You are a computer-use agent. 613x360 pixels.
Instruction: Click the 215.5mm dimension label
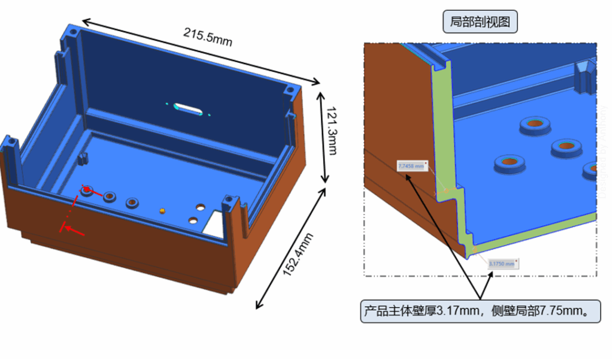(x=208, y=37)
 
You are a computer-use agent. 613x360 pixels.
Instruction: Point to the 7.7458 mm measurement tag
(x=412, y=166)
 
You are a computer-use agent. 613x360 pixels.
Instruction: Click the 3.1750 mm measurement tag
(x=502, y=263)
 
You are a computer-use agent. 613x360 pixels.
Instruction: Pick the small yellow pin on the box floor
(x=162, y=210)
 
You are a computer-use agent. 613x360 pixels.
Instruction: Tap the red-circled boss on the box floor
(x=87, y=190)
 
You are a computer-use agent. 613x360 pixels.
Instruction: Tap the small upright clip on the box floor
(x=83, y=159)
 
